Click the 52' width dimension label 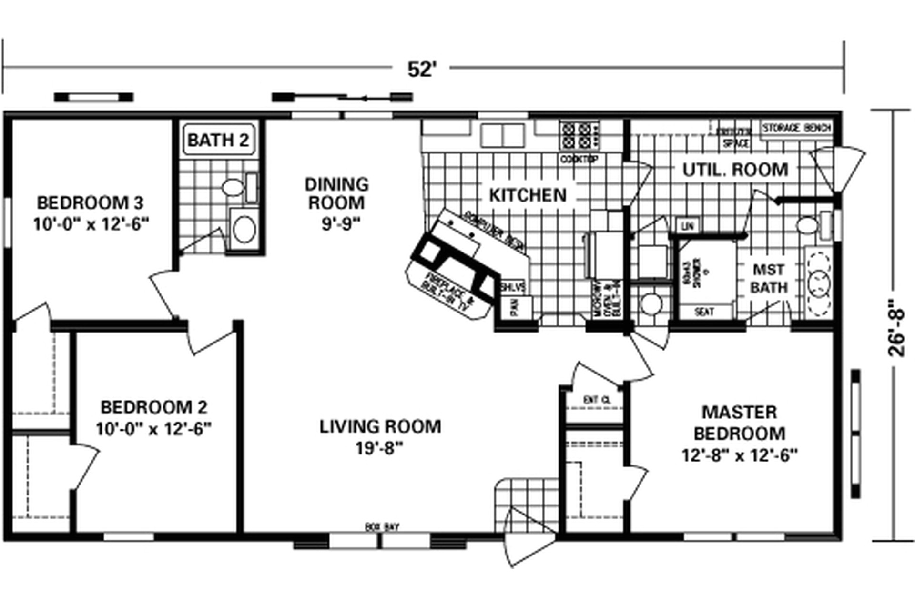click(x=421, y=70)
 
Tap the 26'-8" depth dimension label click(x=896, y=328)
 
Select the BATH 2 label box click(x=218, y=140)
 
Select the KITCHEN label click(x=528, y=195)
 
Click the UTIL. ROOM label click(x=735, y=170)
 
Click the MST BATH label click(x=768, y=279)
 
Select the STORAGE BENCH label click(x=796, y=128)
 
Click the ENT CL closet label click(x=596, y=400)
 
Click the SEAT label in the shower click(x=704, y=312)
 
